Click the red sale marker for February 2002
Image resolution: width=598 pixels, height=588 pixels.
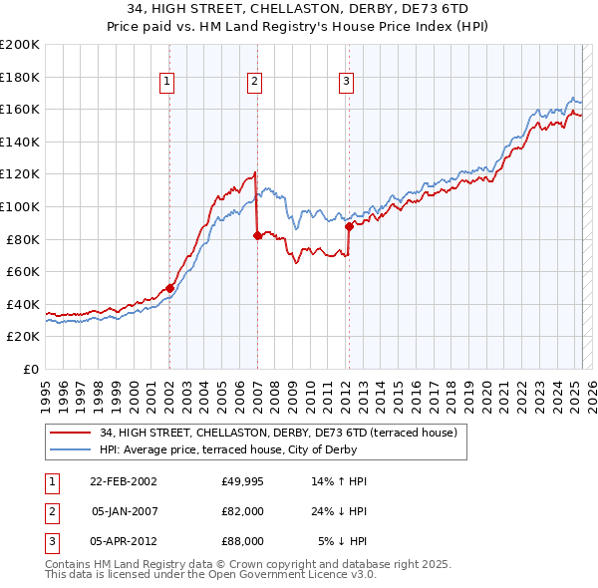click(x=169, y=288)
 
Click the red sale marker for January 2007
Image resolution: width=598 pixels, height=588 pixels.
click(x=257, y=235)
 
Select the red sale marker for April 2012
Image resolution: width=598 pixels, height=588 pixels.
click(x=350, y=226)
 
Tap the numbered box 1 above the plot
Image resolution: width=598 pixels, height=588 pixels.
click(x=166, y=83)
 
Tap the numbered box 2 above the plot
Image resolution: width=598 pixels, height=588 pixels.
click(x=254, y=83)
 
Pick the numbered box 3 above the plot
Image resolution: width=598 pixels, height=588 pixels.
click(x=346, y=83)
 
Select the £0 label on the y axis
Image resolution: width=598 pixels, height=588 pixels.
click(x=30, y=369)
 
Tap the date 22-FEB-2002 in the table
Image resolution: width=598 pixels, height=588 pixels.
click(x=124, y=481)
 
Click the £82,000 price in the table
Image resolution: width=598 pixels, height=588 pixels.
click(x=243, y=511)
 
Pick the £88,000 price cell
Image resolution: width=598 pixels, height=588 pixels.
click(x=243, y=541)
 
